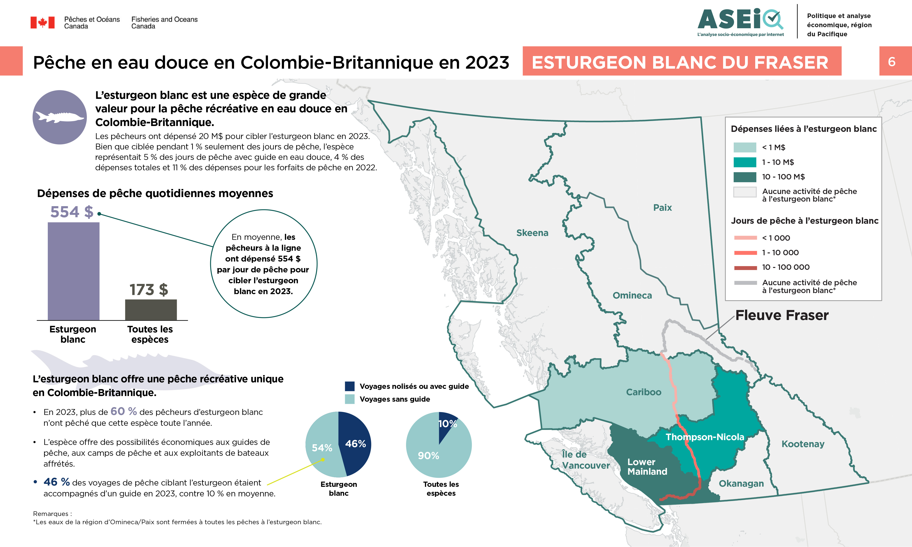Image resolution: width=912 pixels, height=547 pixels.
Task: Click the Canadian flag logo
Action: click(42, 23)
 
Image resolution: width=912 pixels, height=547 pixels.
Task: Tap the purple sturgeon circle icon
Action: click(60, 117)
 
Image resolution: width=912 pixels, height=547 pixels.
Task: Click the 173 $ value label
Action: click(149, 290)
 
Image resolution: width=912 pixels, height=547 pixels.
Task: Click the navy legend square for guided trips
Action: click(350, 386)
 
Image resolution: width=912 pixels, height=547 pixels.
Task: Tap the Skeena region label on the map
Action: click(532, 233)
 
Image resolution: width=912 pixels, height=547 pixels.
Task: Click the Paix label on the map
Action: click(662, 207)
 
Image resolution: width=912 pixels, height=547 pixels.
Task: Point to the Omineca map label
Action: click(632, 295)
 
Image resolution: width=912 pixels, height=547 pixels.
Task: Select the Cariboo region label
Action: click(643, 392)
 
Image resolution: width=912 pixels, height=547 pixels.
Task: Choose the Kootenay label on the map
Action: click(803, 444)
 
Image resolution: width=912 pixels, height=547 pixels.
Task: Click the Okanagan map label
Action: click(741, 483)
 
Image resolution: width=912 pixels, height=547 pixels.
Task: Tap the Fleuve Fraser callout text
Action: click(782, 315)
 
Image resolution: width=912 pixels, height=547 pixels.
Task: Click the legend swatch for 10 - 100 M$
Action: click(745, 177)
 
